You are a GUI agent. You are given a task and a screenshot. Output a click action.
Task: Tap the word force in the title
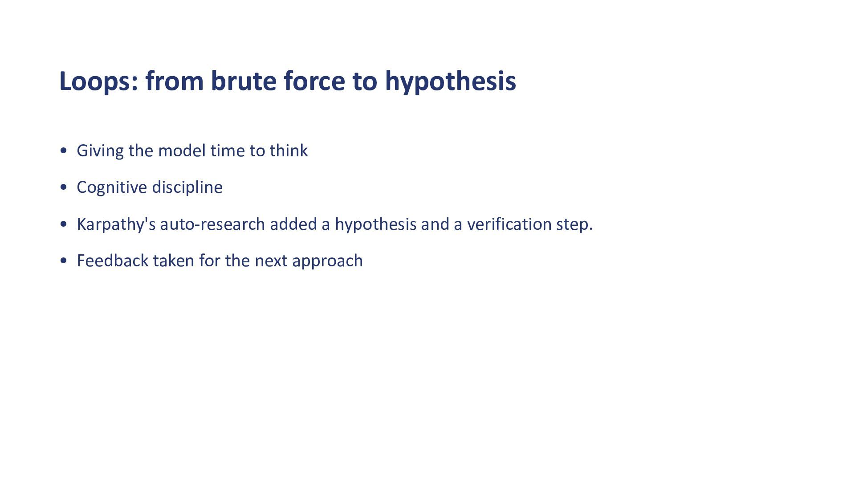[x=314, y=81]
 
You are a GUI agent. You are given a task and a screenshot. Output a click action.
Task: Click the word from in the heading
[x=175, y=81]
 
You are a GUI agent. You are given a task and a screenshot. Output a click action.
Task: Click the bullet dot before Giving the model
[x=63, y=151]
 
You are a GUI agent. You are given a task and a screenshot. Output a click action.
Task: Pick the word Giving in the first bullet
[x=100, y=151]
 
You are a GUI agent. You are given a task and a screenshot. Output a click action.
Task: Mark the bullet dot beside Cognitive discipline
[x=63, y=188]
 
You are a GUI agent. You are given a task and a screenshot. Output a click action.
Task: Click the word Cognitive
[x=112, y=188]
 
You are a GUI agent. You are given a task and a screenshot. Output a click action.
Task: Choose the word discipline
[x=187, y=188]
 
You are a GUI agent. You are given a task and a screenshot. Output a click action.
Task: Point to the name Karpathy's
[x=116, y=224]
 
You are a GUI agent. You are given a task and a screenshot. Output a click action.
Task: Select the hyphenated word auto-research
[x=212, y=224]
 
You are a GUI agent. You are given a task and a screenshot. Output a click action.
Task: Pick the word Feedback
[x=112, y=261]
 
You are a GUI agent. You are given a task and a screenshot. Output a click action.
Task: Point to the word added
[x=293, y=224]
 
